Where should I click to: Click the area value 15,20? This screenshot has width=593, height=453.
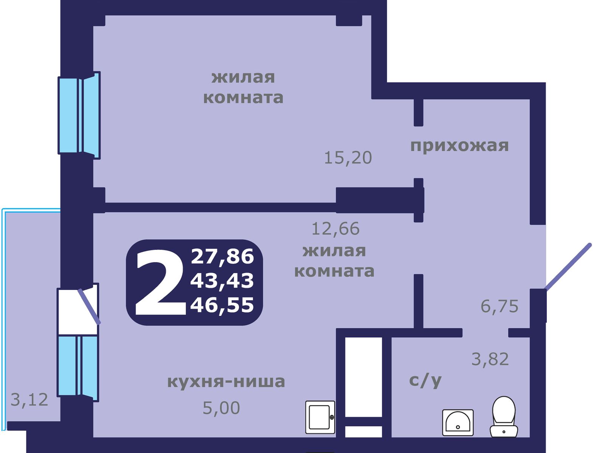[x=348, y=158]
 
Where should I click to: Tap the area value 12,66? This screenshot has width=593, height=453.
[x=335, y=229]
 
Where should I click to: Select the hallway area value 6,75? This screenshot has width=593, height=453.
[x=499, y=306]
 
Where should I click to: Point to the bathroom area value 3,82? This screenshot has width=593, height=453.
[x=490, y=359]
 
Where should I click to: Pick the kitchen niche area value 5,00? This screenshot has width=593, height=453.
[x=221, y=408]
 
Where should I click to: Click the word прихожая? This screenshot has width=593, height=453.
[x=459, y=146]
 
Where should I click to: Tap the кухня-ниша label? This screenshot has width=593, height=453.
[x=226, y=382]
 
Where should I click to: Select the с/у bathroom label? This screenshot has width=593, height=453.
[x=425, y=381]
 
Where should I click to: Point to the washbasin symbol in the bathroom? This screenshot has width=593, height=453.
[x=458, y=422]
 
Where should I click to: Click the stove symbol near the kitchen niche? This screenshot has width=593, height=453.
[x=320, y=417]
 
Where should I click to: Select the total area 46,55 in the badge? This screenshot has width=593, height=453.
[x=222, y=305]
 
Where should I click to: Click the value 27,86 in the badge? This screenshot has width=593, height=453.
[x=222, y=257]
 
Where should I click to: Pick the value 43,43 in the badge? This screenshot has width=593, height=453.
[x=222, y=281]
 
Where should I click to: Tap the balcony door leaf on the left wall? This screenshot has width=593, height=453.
[x=89, y=307]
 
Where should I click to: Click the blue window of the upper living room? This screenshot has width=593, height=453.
[x=79, y=116]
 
